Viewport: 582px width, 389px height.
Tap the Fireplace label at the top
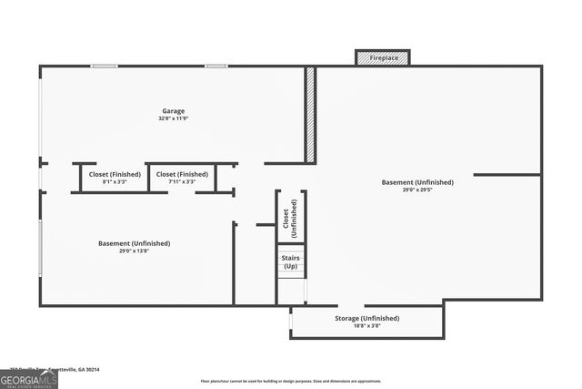383,57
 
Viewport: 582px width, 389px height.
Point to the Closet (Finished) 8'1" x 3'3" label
115,174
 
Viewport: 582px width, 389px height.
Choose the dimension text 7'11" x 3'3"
182,181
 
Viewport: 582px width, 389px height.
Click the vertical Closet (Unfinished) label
290,217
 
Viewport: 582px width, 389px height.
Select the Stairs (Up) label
290,262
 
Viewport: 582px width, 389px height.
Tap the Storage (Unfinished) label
366,318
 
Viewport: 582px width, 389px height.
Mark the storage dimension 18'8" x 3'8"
366,325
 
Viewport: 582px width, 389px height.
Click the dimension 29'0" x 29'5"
417,189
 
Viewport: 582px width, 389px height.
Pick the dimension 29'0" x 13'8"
134,251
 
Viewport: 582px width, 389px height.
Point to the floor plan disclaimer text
291,381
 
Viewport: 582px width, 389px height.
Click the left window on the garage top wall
104,66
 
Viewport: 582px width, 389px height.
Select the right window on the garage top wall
216,66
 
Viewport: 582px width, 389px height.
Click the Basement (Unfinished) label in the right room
417,182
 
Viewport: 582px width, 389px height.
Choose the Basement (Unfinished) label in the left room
134,243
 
